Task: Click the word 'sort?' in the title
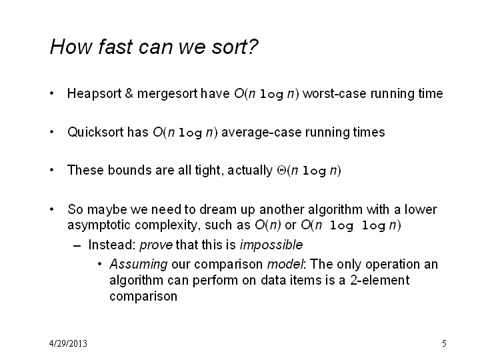(x=235, y=47)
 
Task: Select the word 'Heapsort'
(x=94, y=94)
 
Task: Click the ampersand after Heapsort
(x=129, y=94)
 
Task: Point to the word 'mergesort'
(x=167, y=94)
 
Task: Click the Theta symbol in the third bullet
(x=281, y=170)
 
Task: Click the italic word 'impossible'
(x=271, y=245)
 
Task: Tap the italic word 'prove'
(x=156, y=245)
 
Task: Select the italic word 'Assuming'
(x=139, y=265)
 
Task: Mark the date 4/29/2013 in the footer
(x=68, y=343)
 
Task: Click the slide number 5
(x=444, y=343)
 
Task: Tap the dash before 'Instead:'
(x=77, y=246)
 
